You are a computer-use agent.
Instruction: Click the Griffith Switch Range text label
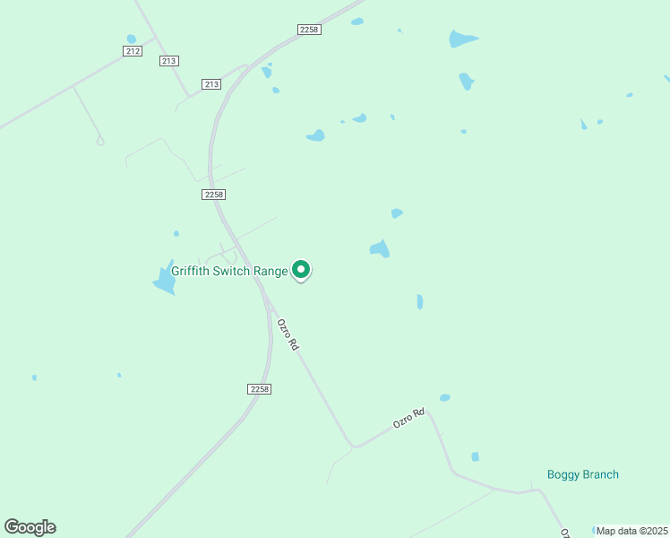tap(230, 271)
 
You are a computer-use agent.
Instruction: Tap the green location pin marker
tap(302, 269)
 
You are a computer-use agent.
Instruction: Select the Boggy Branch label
tap(582, 474)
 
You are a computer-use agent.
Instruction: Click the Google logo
tap(30, 527)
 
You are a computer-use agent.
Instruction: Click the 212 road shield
tap(133, 51)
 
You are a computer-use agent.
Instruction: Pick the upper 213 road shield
tap(169, 61)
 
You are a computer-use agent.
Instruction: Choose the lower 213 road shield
tap(211, 84)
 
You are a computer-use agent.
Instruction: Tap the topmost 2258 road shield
tap(309, 30)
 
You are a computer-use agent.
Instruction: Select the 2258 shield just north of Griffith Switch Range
tap(213, 194)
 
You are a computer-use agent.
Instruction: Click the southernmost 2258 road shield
tap(258, 389)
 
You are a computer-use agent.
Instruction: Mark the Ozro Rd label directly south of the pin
tap(287, 334)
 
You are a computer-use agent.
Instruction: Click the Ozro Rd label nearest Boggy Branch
tap(408, 419)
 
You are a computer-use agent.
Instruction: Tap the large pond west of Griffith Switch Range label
tap(165, 280)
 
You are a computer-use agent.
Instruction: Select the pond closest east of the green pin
tap(380, 248)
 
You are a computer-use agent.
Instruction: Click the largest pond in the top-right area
tap(462, 39)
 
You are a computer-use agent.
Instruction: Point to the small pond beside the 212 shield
tap(132, 39)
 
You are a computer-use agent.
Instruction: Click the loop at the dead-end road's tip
tap(99, 140)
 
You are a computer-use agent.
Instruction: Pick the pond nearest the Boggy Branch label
tap(475, 456)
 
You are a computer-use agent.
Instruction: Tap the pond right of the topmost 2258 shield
tap(357, 22)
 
